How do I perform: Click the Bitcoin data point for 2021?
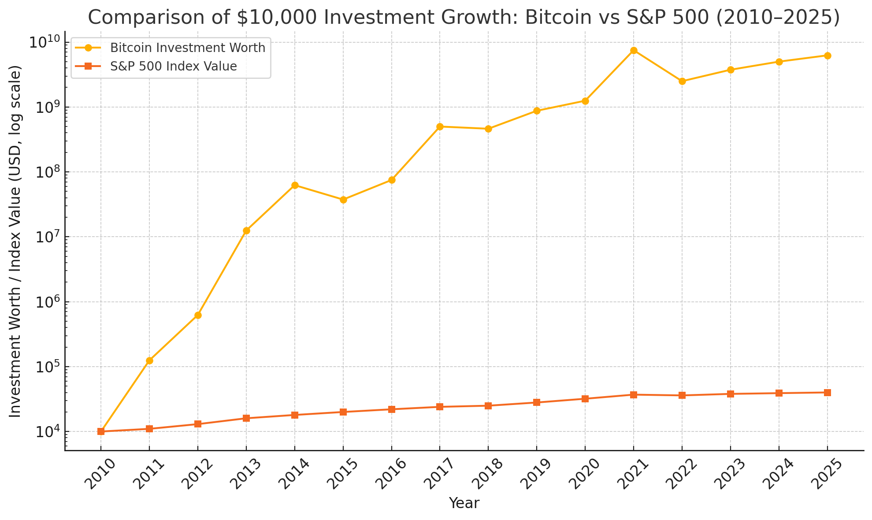[634, 50]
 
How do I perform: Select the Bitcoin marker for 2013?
[246, 230]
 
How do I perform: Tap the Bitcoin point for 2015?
[343, 200]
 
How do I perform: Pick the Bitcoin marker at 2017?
[440, 126]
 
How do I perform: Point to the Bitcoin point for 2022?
[682, 81]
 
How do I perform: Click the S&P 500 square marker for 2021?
[634, 394]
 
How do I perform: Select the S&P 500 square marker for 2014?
[295, 415]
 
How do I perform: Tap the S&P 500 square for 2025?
[827, 392]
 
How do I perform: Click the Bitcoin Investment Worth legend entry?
[187, 48]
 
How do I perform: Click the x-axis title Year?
[464, 503]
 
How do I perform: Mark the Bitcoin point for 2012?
[198, 315]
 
